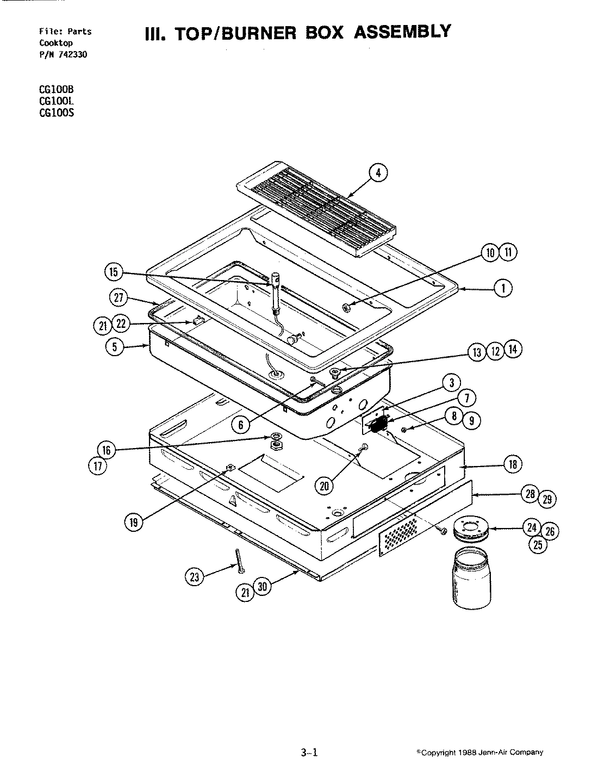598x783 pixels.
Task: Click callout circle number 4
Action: pos(379,173)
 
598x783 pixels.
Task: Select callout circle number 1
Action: pos(503,289)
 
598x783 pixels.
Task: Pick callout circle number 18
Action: pos(512,464)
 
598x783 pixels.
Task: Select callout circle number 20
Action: pos(325,486)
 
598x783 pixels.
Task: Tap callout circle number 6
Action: pos(241,425)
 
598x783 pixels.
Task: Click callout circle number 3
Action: pos(451,383)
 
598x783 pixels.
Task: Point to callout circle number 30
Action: pos(263,587)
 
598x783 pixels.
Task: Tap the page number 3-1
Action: pos(308,753)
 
